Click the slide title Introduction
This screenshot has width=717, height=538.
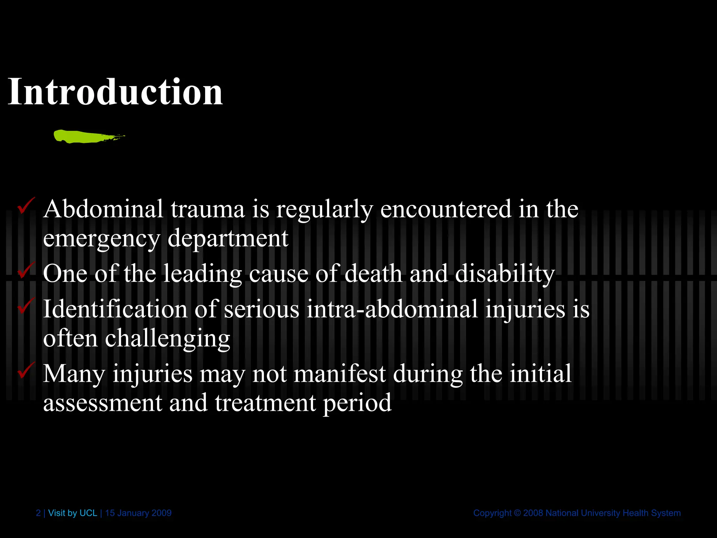click(x=115, y=92)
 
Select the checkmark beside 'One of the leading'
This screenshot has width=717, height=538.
click(x=26, y=270)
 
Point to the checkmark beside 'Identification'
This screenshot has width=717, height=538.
click(x=26, y=305)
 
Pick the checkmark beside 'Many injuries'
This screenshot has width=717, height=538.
click(x=26, y=370)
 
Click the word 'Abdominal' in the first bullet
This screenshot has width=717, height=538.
click(x=103, y=209)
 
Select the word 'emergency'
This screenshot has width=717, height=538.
click(x=102, y=239)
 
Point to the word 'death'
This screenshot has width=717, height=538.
click(x=373, y=274)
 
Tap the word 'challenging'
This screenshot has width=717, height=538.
click(x=167, y=339)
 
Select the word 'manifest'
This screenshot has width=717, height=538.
click(x=340, y=374)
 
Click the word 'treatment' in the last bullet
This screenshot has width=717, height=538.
click(x=265, y=403)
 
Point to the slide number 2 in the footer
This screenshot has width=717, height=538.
click(x=38, y=513)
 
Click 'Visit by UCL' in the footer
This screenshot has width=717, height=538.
click(x=72, y=513)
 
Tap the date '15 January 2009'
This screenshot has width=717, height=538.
click(x=138, y=513)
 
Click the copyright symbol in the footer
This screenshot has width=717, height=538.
click(x=517, y=513)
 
